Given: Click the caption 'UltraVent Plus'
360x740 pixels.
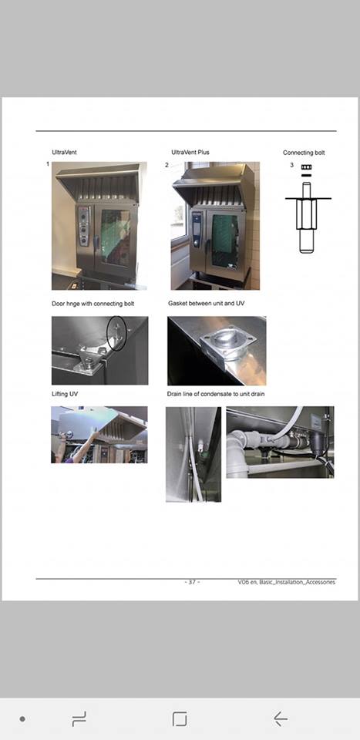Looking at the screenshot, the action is (190, 153).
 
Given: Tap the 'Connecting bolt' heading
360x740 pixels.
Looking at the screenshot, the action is (304, 153).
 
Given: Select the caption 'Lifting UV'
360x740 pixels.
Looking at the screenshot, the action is (65, 394).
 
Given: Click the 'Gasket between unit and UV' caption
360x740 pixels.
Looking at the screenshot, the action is (206, 303).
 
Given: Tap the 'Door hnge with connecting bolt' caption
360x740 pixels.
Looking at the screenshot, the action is (93, 304).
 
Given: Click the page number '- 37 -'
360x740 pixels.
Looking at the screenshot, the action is (191, 582).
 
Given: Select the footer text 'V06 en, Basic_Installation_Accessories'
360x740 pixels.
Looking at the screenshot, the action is (287, 583).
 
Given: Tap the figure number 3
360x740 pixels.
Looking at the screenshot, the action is (291, 165).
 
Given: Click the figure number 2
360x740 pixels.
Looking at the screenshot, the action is (167, 165).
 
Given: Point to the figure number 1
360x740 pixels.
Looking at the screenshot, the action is (48, 163).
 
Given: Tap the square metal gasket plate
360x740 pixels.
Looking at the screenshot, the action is (228, 346).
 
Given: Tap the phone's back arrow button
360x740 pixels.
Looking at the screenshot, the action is (281, 718).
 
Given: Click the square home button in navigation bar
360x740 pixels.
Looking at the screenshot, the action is (180, 718).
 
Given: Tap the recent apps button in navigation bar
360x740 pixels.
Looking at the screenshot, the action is (79, 718).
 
